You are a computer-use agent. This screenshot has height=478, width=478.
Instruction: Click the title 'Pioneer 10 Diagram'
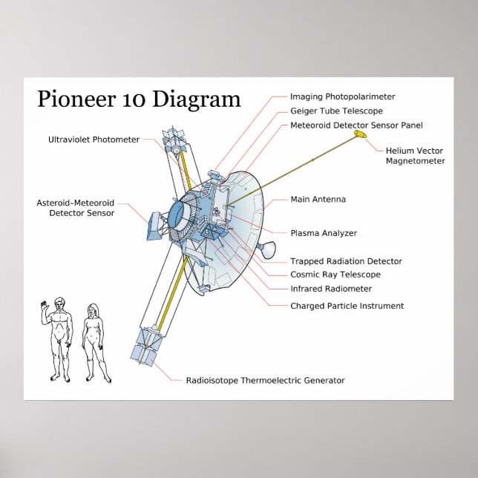pos(139,99)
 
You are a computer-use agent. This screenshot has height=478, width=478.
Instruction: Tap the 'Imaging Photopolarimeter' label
pos(342,96)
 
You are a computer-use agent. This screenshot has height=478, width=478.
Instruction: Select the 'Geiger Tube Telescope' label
pos(336,111)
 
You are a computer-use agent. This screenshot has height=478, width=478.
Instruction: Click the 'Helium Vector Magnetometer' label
pos(415,156)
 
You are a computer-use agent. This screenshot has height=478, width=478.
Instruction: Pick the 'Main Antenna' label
pos(318,200)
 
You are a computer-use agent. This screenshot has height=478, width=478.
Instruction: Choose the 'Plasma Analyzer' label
pos(323,233)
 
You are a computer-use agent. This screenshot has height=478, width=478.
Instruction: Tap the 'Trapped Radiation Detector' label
pos(346,261)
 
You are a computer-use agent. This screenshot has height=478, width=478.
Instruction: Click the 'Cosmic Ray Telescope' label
pos(335,275)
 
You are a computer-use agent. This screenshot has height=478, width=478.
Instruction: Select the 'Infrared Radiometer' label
pos(331,289)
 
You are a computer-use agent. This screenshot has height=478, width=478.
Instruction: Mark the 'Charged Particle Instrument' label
pos(347,306)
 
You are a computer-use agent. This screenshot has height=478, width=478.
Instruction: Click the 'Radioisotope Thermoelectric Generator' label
pos(265,381)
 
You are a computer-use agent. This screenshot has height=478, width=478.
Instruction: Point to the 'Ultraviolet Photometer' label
pos(94,140)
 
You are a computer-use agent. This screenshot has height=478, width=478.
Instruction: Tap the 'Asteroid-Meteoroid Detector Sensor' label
pos(76,208)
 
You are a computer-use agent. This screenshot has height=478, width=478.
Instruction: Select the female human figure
pos(94,342)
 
